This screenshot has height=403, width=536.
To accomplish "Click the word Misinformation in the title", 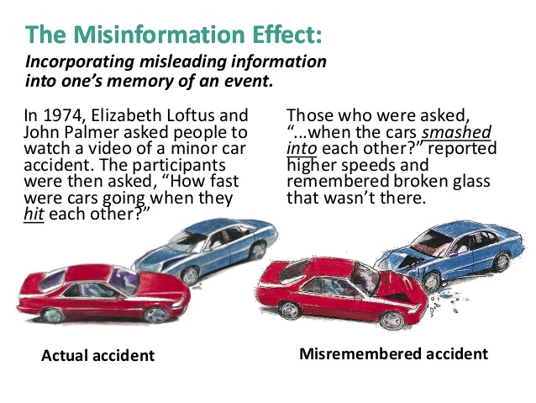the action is pyautogui.click(x=159, y=34).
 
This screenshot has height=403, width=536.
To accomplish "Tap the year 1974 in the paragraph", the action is pyautogui.click(x=63, y=115).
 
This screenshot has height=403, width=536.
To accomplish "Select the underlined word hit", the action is pyautogui.click(x=34, y=215).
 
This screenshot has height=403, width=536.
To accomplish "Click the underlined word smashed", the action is pyautogui.click(x=456, y=132).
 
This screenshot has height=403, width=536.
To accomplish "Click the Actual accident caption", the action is pyautogui.click(x=97, y=355).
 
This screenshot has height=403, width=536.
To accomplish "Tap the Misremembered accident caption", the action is pyautogui.click(x=393, y=353).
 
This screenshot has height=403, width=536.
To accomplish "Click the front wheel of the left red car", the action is pyautogui.click(x=156, y=315).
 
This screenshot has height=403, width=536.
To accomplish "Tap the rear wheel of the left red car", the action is pyautogui.click(x=52, y=315).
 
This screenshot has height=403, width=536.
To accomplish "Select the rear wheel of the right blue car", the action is pyautogui.click(x=502, y=262).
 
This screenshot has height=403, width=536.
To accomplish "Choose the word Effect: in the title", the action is pyautogui.click(x=286, y=34).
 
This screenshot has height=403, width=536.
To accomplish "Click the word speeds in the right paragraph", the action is pyautogui.click(x=368, y=165).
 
